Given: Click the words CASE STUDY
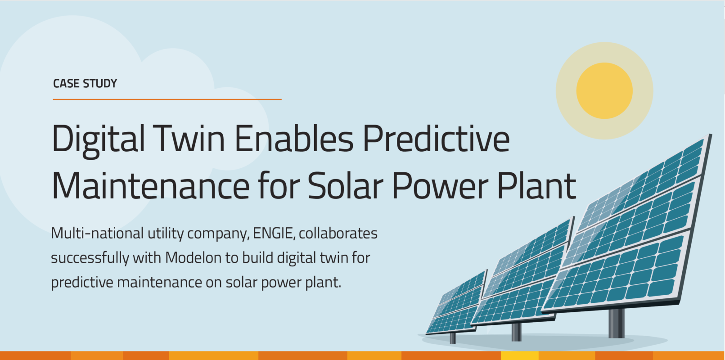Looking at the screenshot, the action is click(x=85, y=84).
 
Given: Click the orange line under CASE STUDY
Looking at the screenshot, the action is click(x=167, y=99).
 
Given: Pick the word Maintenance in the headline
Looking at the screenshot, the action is click(x=150, y=185).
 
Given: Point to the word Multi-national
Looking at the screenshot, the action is click(x=97, y=233).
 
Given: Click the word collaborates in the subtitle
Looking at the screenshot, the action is click(x=338, y=233).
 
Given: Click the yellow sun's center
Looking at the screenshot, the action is click(x=604, y=90).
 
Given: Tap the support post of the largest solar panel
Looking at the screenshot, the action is click(x=616, y=323).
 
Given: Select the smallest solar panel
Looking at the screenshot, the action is click(x=456, y=303).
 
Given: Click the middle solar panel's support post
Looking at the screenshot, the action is click(x=516, y=332).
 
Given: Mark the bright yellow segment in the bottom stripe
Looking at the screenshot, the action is click(x=519, y=355).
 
